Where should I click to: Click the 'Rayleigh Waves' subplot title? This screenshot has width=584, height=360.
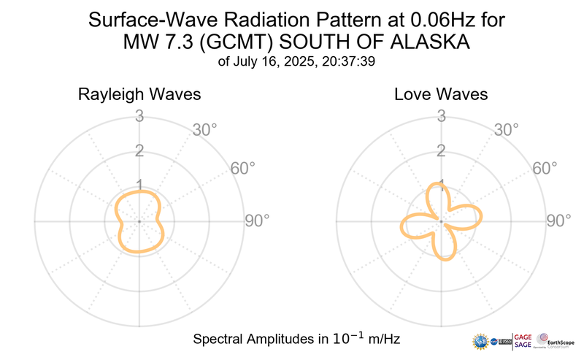[139, 95]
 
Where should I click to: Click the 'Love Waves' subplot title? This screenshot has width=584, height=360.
[441, 95]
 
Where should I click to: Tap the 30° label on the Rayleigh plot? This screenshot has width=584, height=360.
[205, 131]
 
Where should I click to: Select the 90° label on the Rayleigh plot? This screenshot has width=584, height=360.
[256, 221]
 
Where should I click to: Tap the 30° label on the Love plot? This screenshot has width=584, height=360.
[507, 131]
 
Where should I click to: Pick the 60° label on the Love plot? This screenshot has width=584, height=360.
[545, 169]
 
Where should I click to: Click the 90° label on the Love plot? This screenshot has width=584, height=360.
[559, 221]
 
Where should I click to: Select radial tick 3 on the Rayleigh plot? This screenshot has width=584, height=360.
[138, 115]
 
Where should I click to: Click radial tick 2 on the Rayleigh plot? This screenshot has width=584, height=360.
[138, 151]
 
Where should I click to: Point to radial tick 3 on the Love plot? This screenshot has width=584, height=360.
[441, 115]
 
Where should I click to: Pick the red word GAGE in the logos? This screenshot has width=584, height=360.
[523, 337]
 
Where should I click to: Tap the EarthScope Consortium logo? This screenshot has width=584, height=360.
[556, 341]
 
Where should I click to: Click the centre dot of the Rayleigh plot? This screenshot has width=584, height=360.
[138, 221]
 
